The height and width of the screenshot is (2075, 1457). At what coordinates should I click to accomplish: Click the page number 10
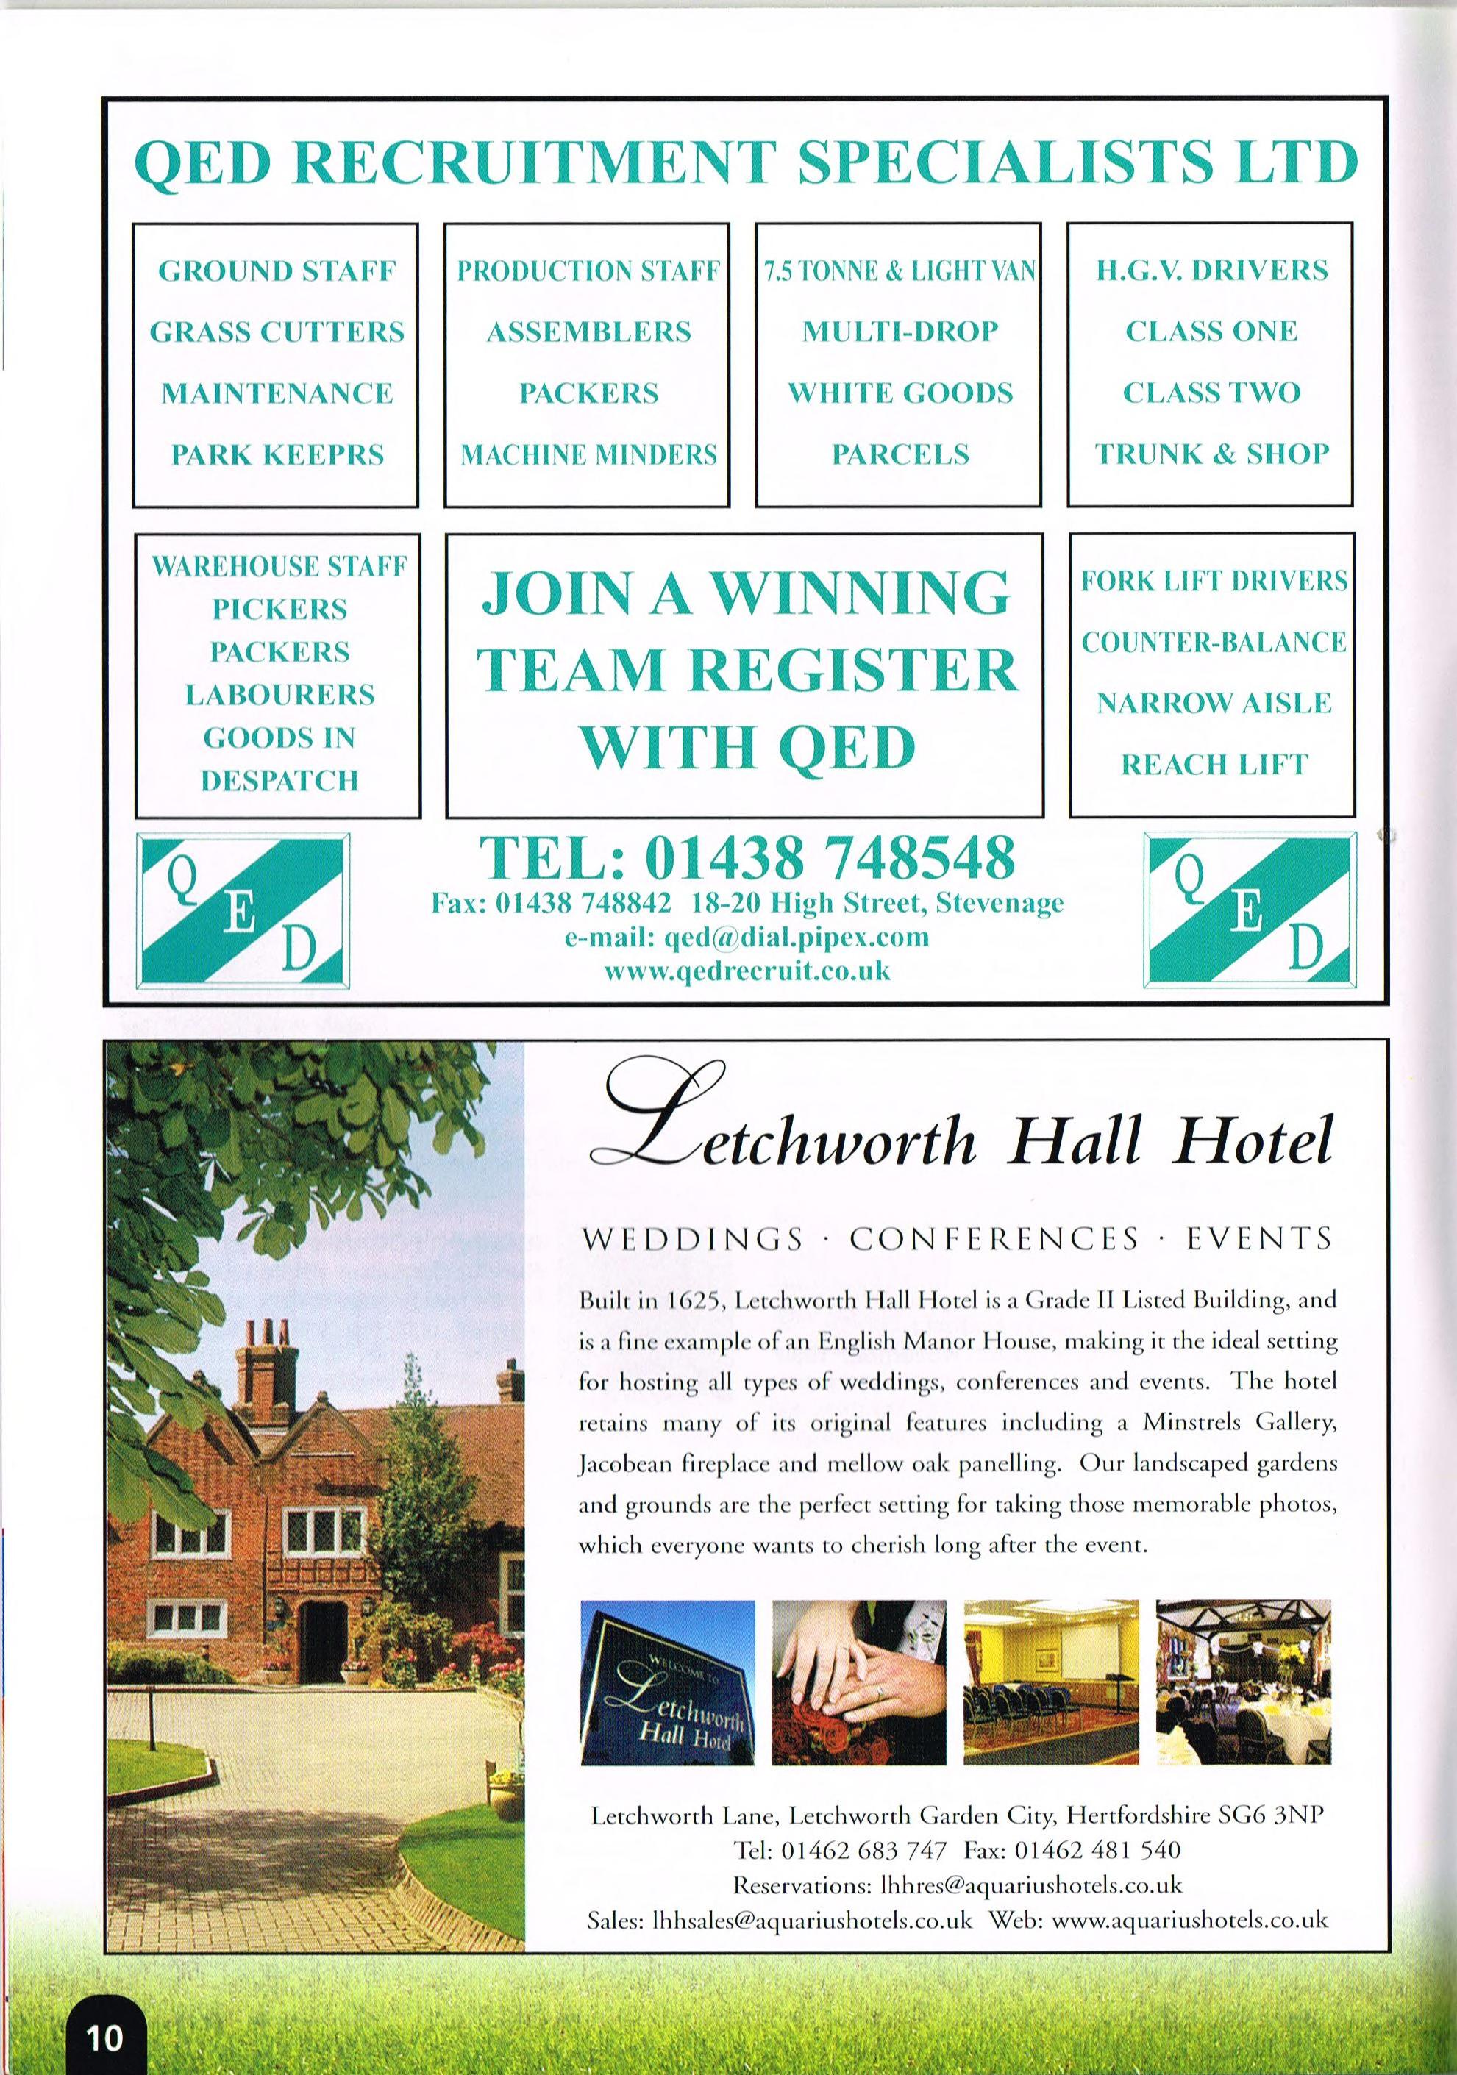(105, 2032)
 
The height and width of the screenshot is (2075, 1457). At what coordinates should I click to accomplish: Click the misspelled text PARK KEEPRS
(277, 454)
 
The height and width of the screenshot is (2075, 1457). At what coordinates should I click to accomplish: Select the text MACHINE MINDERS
(588, 454)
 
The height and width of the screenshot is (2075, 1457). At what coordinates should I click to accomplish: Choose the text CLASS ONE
(1211, 332)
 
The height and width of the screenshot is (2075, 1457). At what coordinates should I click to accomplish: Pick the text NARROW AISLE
(1214, 703)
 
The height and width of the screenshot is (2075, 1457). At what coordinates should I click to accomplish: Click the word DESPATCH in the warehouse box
(279, 780)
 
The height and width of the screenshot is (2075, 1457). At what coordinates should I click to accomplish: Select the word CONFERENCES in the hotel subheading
(994, 1238)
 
